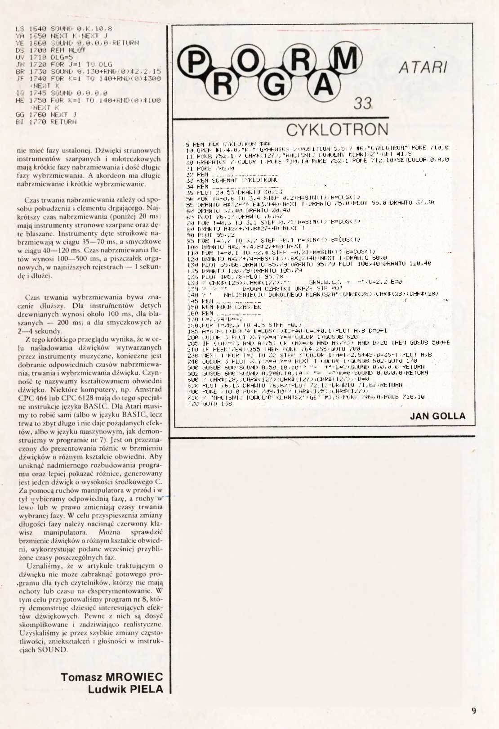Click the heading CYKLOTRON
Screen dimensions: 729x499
pyautogui.click(x=337, y=130)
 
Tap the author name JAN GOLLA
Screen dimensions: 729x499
pyautogui.click(x=437, y=416)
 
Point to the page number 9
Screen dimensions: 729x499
pyautogui.click(x=474, y=711)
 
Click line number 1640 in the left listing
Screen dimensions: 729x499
pyautogui.click(x=37, y=28)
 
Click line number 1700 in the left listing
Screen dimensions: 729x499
pyautogui.click(x=37, y=50)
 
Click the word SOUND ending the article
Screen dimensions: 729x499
pyautogui.click(x=52, y=649)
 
